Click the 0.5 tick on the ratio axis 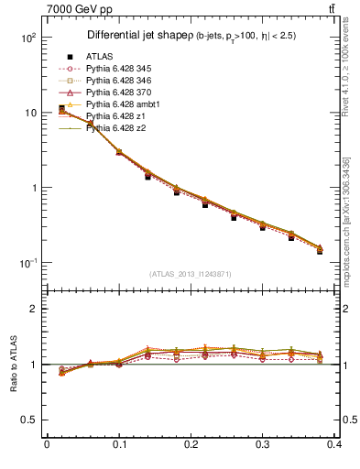click(28, 420)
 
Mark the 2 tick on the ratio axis click(33, 309)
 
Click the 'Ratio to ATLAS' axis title click(11, 364)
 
